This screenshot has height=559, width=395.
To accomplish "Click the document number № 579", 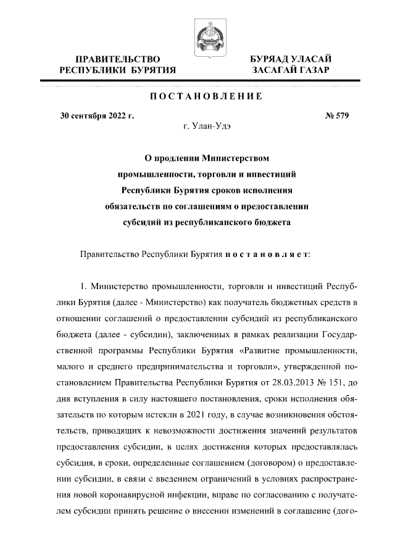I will click(336, 115).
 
